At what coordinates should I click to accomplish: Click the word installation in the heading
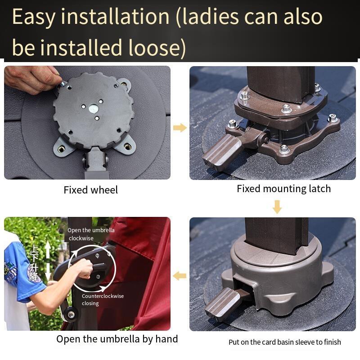click(x=115, y=17)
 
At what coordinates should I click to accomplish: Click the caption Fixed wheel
click(x=91, y=190)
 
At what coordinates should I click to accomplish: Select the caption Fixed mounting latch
click(x=284, y=189)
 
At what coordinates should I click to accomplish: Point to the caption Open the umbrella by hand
click(x=117, y=339)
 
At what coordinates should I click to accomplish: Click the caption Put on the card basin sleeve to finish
click(x=285, y=342)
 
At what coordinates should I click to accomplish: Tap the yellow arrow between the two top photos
click(x=180, y=128)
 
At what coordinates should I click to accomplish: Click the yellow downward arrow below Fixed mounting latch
click(x=277, y=207)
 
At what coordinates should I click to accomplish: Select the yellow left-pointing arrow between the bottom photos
click(x=180, y=275)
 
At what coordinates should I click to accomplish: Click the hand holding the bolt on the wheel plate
click(x=32, y=79)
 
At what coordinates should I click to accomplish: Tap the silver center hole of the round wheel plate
click(x=93, y=108)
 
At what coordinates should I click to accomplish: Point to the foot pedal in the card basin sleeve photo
click(x=222, y=302)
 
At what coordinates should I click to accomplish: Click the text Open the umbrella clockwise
click(x=91, y=234)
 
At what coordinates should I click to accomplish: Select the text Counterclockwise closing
click(x=103, y=299)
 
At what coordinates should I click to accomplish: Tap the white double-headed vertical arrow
click(x=48, y=261)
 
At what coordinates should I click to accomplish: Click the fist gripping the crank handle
click(x=85, y=269)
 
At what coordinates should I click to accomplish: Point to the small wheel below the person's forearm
click(x=70, y=314)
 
